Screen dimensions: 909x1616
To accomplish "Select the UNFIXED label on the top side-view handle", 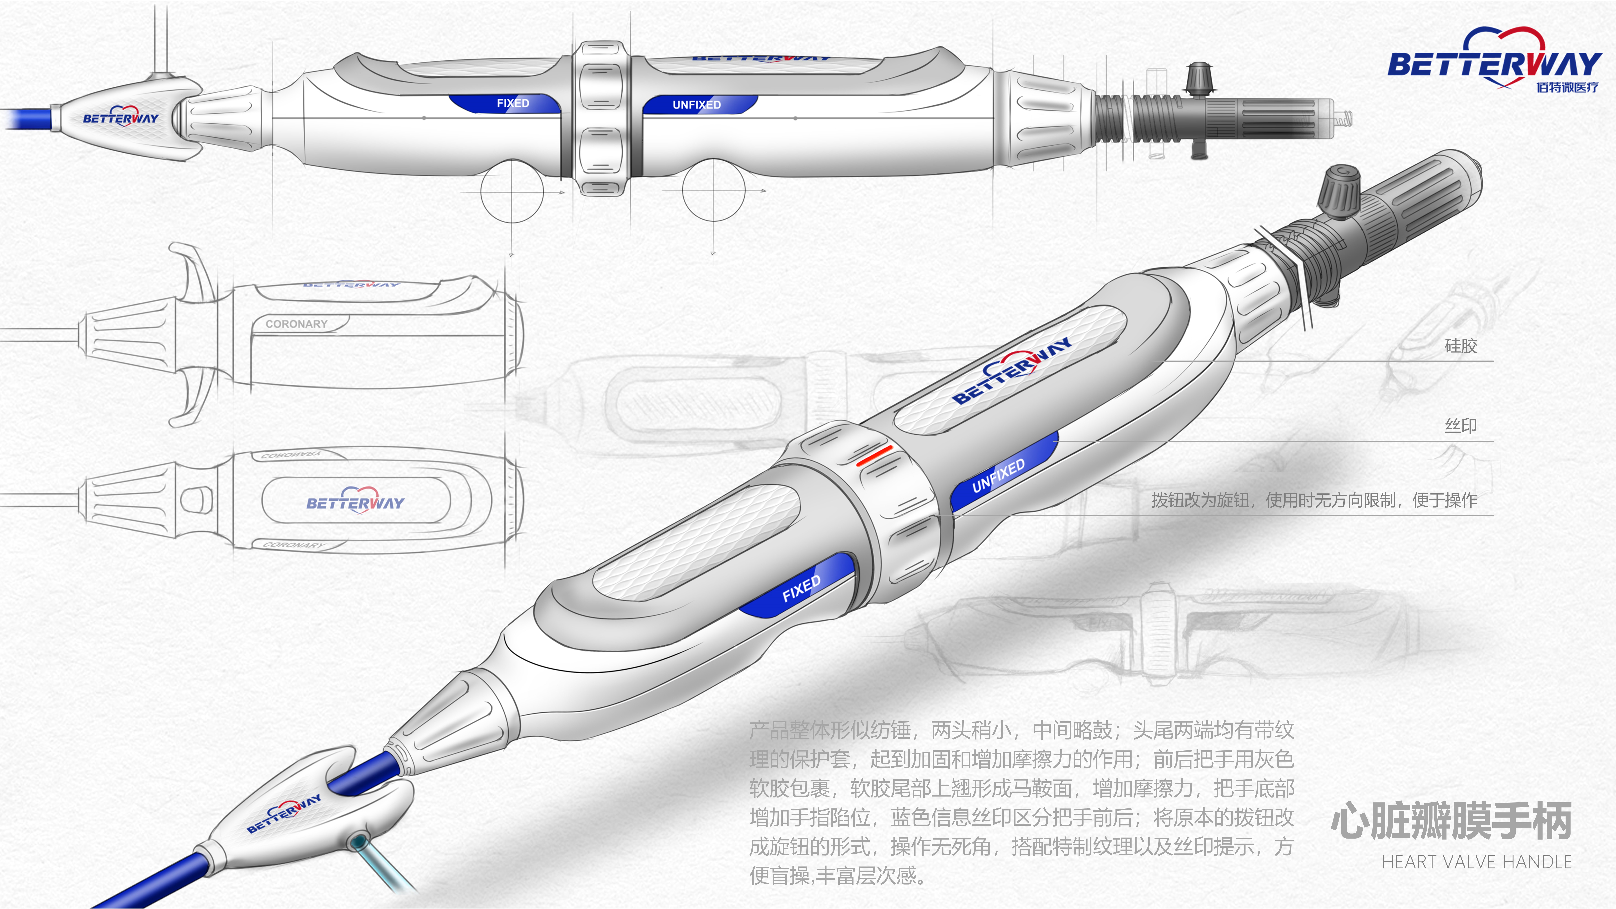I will tap(696, 105).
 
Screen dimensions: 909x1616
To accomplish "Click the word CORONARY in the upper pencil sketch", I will tap(296, 324).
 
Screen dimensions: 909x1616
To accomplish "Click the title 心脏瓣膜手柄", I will tap(1450, 821).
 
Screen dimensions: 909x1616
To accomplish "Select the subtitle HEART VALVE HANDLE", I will tap(1476, 862).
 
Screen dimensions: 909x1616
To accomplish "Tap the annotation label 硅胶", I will tap(1460, 346).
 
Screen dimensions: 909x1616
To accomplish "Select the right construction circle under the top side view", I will tap(713, 190).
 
